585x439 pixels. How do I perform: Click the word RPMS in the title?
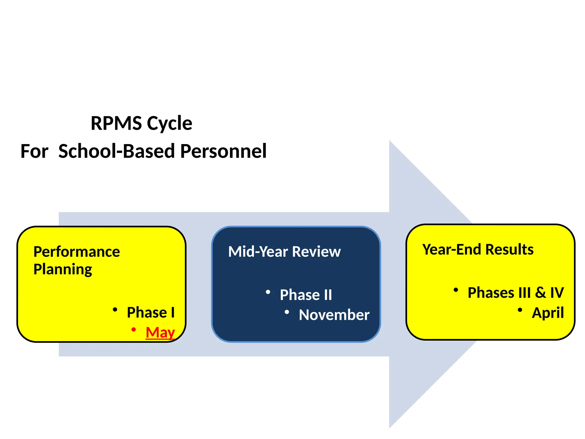(x=116, y=123)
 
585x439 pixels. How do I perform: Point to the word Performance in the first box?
(x=77, y=252)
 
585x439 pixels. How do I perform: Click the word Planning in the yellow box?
(x=63, y=270)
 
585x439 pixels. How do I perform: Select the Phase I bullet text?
(x=151, y=312)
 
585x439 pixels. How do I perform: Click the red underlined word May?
(x=160, y=332)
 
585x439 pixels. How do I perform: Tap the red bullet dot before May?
(x=133, y=330)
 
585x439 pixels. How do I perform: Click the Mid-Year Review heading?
(x=284, y=252)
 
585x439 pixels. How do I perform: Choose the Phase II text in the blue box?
(x=306, y=295)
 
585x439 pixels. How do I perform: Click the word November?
(x=334, y=315)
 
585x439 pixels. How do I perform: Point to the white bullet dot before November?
(x=287, y=312)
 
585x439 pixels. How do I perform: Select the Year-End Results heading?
(x=478, y=250)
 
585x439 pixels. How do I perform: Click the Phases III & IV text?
(x=516, y=293)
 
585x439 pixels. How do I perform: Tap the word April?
(x=548, y=313)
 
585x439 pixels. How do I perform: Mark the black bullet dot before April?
(x=520, y=310)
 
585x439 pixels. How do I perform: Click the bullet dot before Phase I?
(x=115, y=310)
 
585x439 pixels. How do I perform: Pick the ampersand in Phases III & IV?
(x=540, y=293)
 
